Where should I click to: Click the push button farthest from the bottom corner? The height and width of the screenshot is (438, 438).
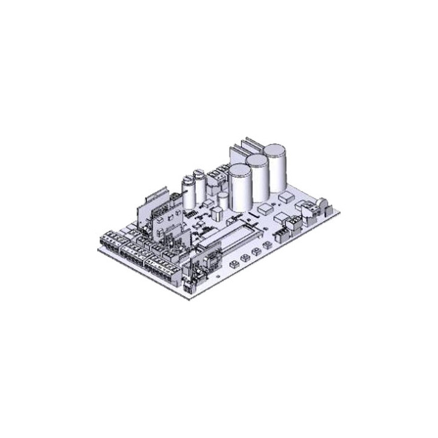pos(266,245)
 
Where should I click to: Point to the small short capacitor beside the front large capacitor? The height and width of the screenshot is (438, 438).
pos(223,200)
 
